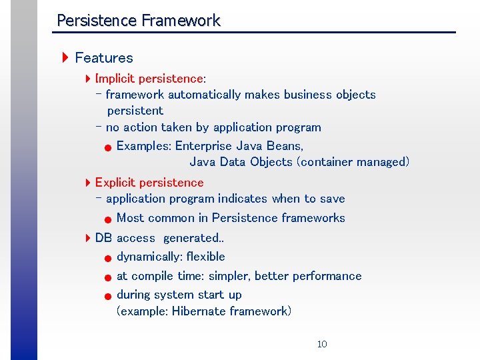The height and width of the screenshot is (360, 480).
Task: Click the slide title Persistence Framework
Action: click(138, 21)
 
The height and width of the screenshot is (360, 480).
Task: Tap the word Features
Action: click(104, 58)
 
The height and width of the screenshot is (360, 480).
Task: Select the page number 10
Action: click(322, 344)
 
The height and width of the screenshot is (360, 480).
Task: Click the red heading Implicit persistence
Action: click(149, 79)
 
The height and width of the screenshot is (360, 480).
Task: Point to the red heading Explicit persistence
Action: click(149, 183)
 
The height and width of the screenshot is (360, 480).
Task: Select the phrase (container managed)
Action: click(353, 162)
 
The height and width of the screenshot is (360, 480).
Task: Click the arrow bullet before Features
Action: click(65, 58)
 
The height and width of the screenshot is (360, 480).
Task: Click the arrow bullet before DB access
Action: click(88, 238)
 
